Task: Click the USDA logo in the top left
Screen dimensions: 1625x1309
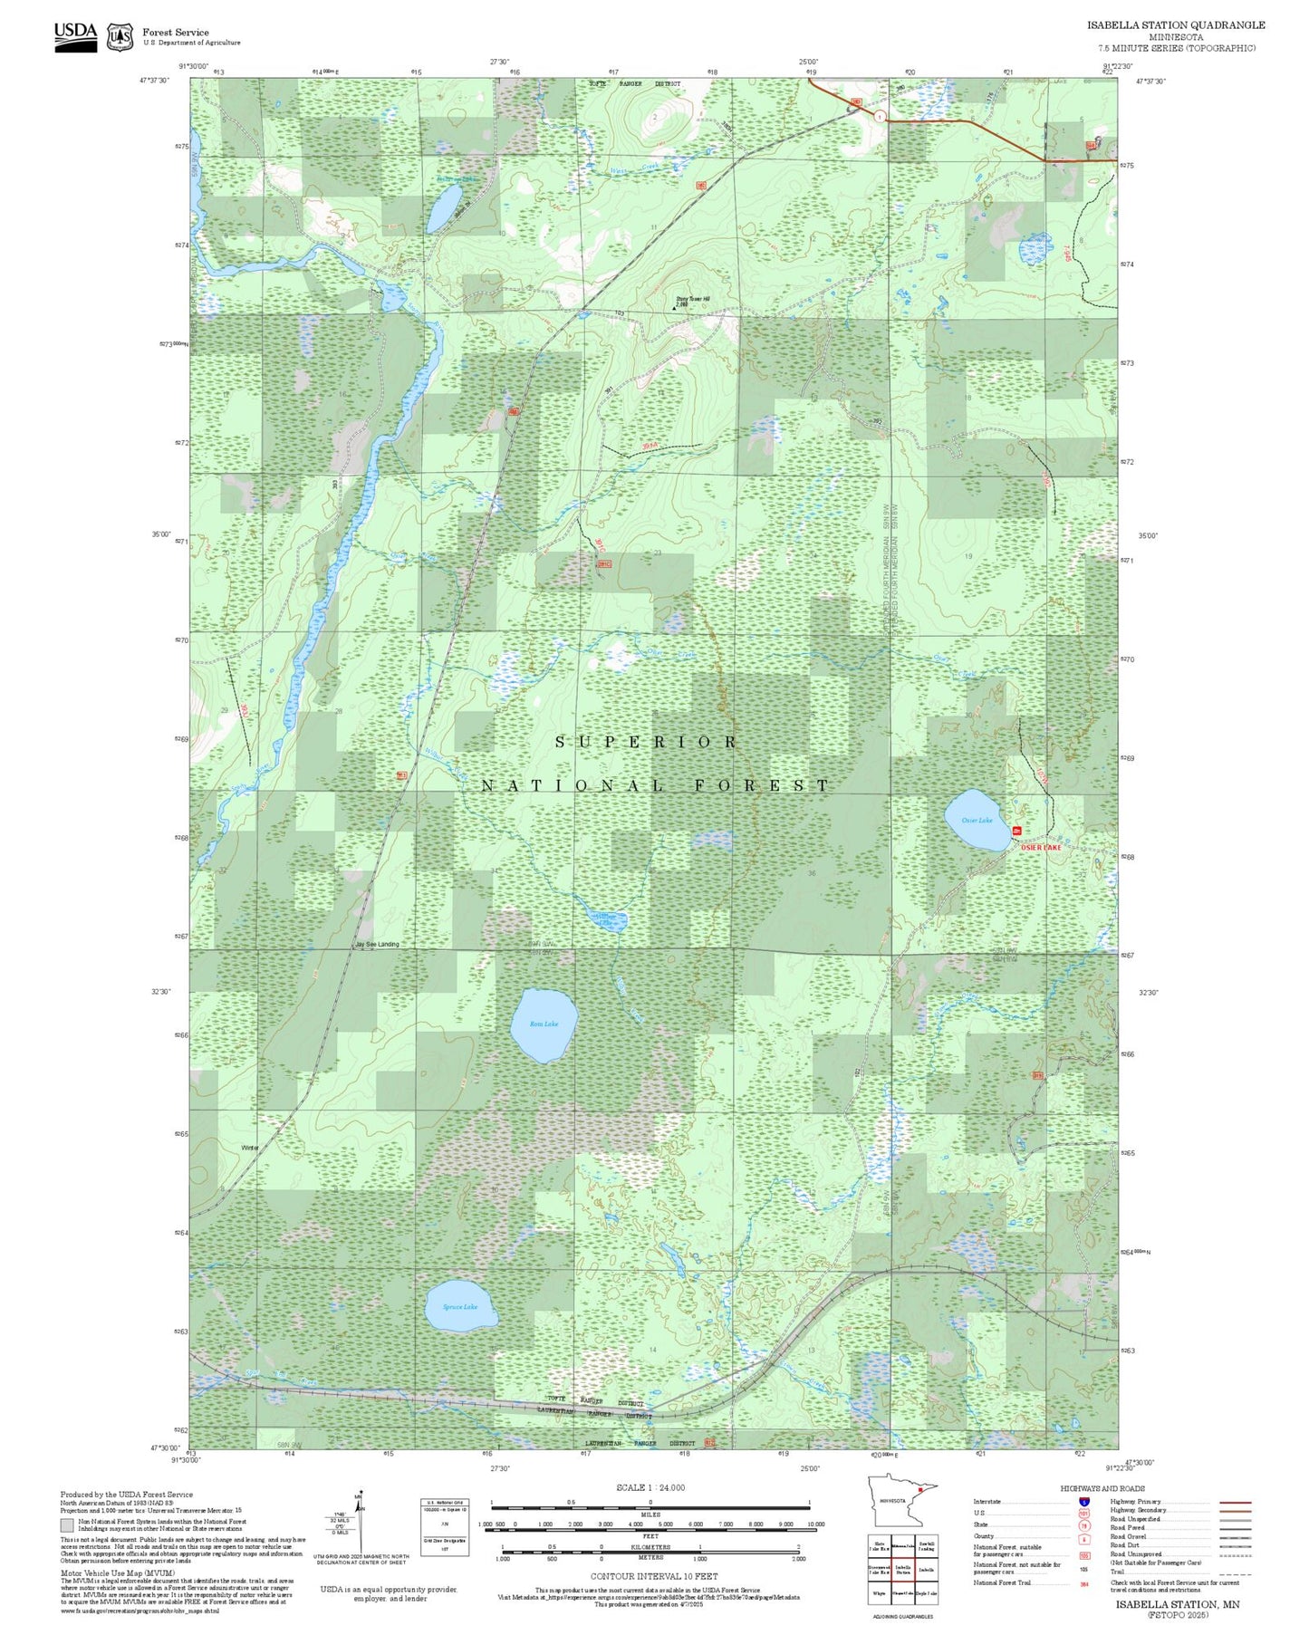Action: click(75, 33)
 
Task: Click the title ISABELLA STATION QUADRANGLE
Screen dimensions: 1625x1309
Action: click(1176, 25)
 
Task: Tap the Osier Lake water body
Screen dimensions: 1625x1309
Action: click(977, 820)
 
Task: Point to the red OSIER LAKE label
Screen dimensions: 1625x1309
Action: click(1040, 847)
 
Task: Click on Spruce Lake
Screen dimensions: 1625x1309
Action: click(460, 1306)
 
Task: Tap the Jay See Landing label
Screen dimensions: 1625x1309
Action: click(377, 944)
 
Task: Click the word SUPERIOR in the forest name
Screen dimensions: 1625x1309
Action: click(646, 742)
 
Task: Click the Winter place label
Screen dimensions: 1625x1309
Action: click(250, 1148)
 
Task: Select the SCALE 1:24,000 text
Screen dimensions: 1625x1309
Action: click(650, 1487)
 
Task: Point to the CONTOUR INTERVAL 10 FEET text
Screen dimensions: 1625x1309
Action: click(653, 1576)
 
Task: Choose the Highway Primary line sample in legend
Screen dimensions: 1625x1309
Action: click(1235, 1502)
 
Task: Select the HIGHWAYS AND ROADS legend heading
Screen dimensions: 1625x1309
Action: click(1102, 1488)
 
